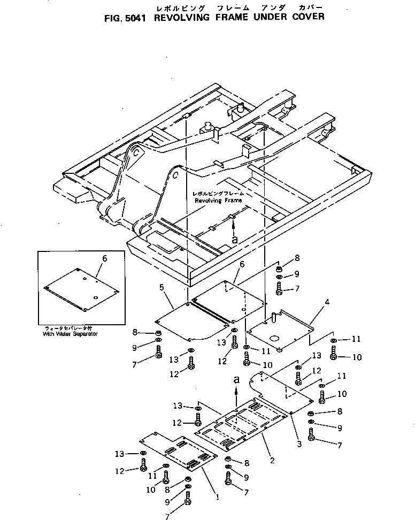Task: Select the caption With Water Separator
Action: coord(70,333)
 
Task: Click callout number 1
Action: coord(217,496)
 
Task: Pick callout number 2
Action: coord(272,460)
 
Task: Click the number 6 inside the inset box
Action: coord(105,258)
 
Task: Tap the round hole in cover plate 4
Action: coord(275,338)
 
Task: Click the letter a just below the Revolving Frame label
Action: coord(235,240)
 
